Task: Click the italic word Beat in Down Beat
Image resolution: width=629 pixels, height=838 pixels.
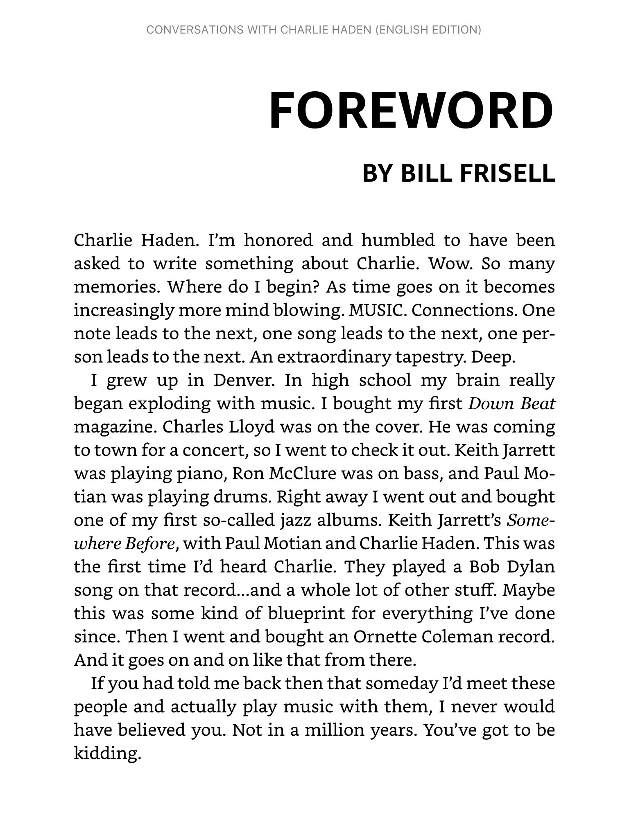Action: coord(537,404)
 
